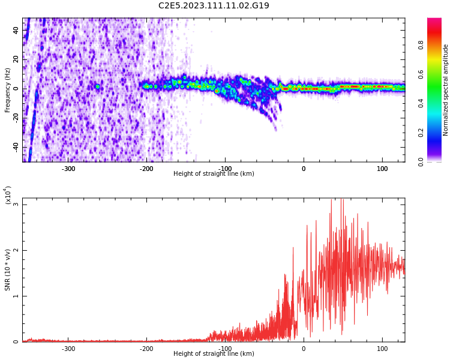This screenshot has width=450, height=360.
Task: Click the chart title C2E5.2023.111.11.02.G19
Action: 214,5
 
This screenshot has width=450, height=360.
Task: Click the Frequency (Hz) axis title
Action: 7,90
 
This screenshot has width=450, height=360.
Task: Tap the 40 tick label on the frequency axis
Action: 16,30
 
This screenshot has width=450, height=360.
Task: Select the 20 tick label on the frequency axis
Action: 16,59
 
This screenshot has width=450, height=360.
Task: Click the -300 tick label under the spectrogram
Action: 68,169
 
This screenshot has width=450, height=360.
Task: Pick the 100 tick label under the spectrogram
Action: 382,169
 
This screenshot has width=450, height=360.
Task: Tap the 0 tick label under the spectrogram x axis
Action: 304,169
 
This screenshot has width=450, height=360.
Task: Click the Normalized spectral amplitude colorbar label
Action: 445,90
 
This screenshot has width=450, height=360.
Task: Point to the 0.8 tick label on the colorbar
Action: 421,45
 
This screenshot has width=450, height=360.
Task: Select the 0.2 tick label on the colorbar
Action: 421,133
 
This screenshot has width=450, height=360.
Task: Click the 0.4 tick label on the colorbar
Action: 421,103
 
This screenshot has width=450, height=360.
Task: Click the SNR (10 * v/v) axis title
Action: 7,270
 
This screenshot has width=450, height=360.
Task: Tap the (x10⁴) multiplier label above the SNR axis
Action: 8,195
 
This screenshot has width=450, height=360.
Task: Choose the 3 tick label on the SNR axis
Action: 16,205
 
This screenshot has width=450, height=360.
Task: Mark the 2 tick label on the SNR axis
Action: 16,250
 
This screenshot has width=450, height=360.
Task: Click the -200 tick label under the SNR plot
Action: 146,348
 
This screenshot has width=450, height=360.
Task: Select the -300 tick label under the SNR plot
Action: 68,348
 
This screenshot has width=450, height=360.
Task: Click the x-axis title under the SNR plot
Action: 214,353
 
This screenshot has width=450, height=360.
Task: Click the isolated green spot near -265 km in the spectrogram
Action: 98,86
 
